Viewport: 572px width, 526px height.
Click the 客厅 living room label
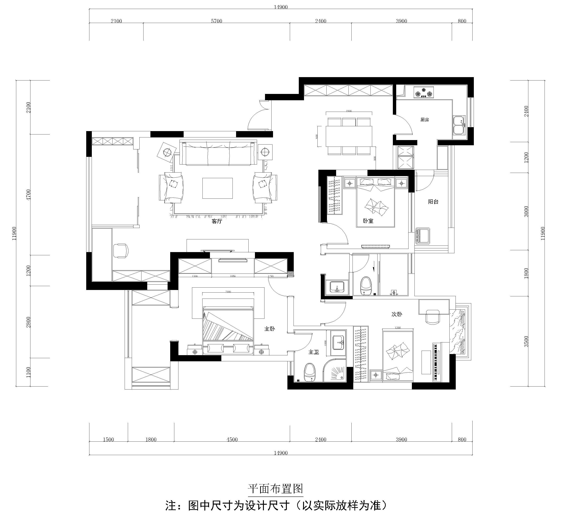[x=217, y=221]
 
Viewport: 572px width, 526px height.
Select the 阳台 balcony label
[x=433, y=202]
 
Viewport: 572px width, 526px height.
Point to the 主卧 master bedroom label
[x=270, y=329]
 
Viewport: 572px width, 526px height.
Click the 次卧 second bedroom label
[x=397, y=314]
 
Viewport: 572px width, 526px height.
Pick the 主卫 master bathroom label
[x=314, y=352]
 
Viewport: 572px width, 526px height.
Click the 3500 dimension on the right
[x=526, y=341]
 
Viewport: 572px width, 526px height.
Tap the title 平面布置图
[x=275, y=489]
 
